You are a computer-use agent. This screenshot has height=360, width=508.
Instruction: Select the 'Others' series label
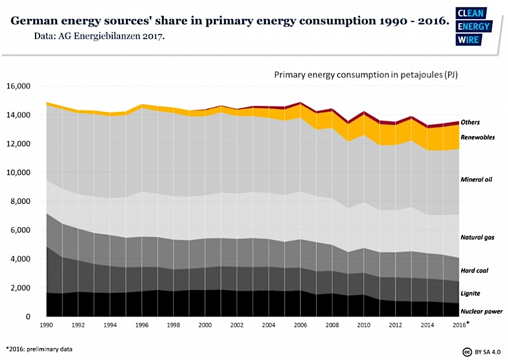tap(470, 122)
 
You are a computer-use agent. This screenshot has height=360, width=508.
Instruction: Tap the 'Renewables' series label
tap(478, 137)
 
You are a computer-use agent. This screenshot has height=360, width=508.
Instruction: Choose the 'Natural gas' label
tap(478, 238)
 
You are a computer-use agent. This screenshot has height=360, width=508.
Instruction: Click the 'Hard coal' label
tap(474, 271)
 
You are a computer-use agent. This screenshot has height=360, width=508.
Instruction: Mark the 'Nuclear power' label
tap(481, 311)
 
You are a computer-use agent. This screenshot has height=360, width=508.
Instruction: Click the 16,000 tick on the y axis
tap(20, 86)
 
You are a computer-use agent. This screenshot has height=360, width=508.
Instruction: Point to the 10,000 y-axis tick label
tap(20, 173)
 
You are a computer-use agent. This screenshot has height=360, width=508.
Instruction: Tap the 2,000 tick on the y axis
tap(21, 288)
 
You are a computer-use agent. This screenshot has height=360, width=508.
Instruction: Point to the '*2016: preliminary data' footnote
tap(39, 349)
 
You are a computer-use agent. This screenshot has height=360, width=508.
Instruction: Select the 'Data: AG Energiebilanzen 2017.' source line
tap(99, 36)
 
